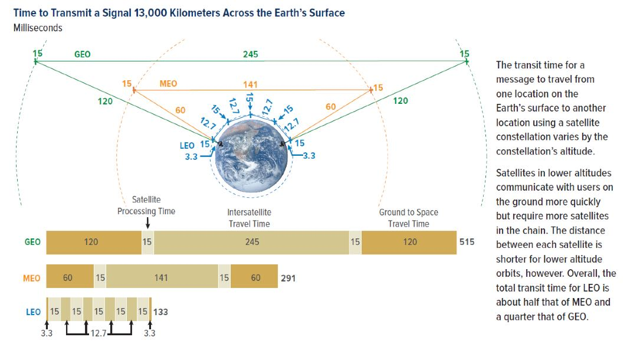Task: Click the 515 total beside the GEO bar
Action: pos(467,242)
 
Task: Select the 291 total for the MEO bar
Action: pos(288,278)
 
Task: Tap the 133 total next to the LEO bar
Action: pos(160,312)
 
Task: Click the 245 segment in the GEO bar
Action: pos(252,242)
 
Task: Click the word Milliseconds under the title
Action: pos(38,28)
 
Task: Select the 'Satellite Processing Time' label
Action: pos(146,205)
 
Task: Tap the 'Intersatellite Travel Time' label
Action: pos(249,218)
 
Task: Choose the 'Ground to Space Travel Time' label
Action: pos(409,218)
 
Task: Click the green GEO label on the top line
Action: pos(83,54)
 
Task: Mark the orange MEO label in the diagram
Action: pos(168,84)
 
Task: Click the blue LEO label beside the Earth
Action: pos(187,146)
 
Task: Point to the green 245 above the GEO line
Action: pos(250,54)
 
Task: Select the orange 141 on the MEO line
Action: pos(250,84)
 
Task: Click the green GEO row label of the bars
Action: pos(32,242)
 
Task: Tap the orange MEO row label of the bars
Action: pos(32,278)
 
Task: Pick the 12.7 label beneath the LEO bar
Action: pos(99,333)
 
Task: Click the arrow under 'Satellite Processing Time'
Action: pos(147,223)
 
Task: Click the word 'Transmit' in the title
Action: pos(70,13)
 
